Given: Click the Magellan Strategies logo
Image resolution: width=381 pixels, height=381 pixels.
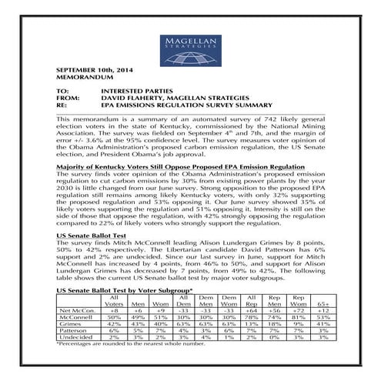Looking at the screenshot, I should tap(190, 44).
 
